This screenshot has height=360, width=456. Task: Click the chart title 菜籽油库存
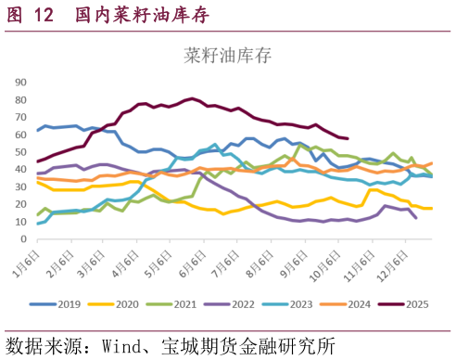228,56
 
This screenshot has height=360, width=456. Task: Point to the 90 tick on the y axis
21,83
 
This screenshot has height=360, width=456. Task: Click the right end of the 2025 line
348,138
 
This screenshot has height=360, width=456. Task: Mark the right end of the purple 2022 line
415,218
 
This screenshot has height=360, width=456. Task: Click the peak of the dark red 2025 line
192,97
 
